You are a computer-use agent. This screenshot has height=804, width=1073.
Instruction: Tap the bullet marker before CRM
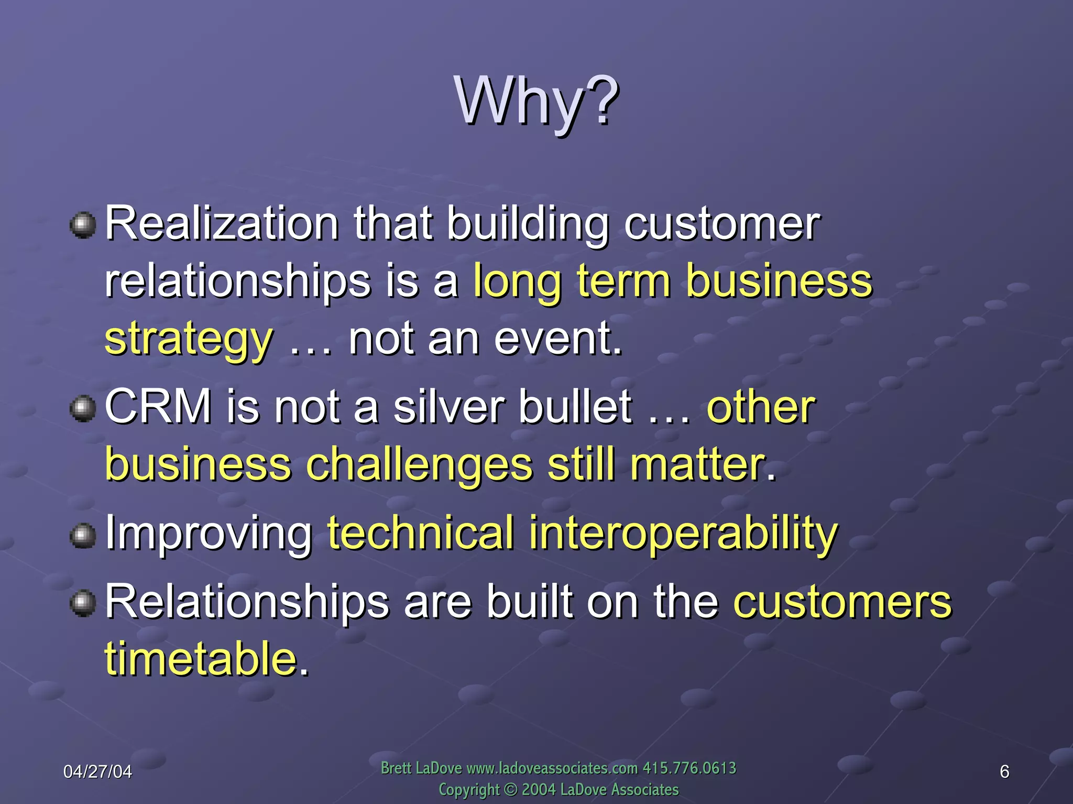pyautogui.click(x=83, y=409)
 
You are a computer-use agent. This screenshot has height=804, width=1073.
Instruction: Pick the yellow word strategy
pyautogui.click(x=189, y=340)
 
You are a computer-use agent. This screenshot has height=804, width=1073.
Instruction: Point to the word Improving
pyautogui.click(x=209, y=534)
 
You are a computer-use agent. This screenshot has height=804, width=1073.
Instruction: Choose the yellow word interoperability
pyautogui.click(x=683, y=534)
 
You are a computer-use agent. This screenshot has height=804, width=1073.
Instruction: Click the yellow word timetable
pyautogui.click(x=201, y=658)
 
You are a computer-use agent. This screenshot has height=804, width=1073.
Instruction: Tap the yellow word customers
pyautogui.click(x=842, y=602)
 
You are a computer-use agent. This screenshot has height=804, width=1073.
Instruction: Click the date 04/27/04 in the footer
pyautogui.click(x=97, y=772)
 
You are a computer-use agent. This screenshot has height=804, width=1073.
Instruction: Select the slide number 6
pyautogui.click(x=1004, y=772)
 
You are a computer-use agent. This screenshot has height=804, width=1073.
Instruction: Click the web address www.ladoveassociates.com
pyautogui.click(x=552, y=768)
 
